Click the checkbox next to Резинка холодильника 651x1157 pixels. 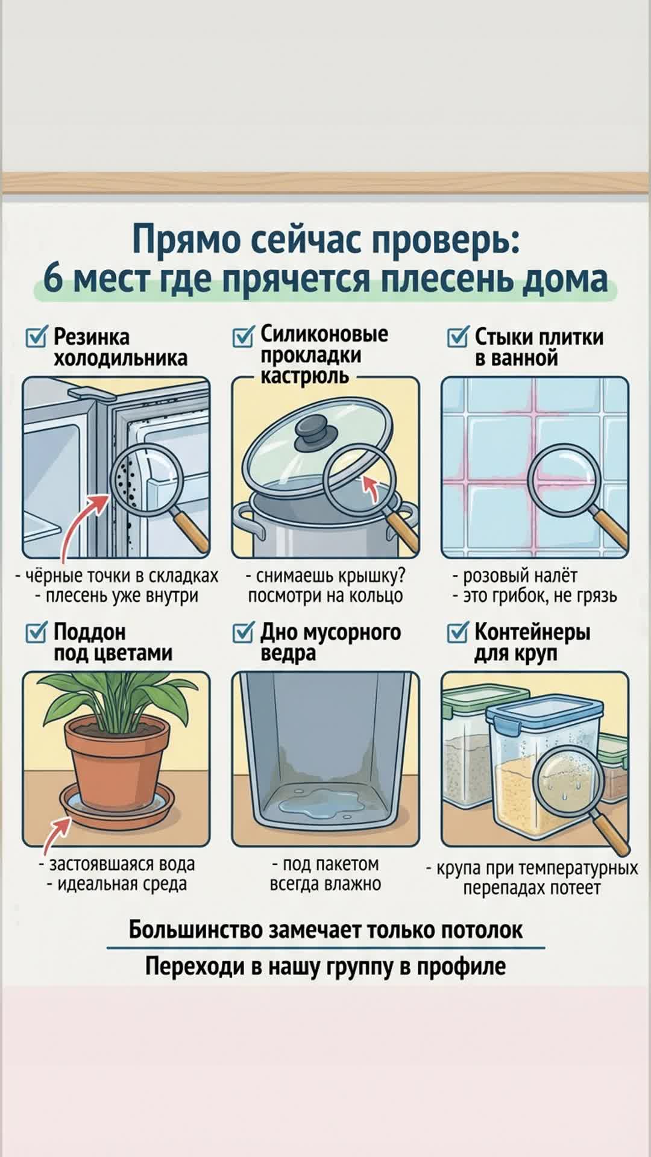pyautogui.click(x=36, y=336)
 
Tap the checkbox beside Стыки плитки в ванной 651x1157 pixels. pyautogui.click(x=458, y=336)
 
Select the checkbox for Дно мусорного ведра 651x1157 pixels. pyautogui.click(x=244, y=632)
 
